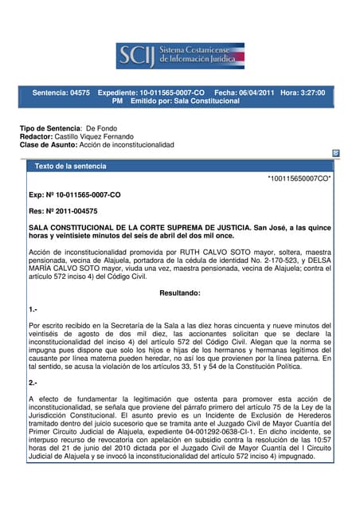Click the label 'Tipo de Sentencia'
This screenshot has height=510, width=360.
click(x=49, y=128)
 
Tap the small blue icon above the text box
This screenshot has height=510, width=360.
click(x=336, y=152)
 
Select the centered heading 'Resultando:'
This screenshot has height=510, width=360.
click(x=179, y=293)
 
